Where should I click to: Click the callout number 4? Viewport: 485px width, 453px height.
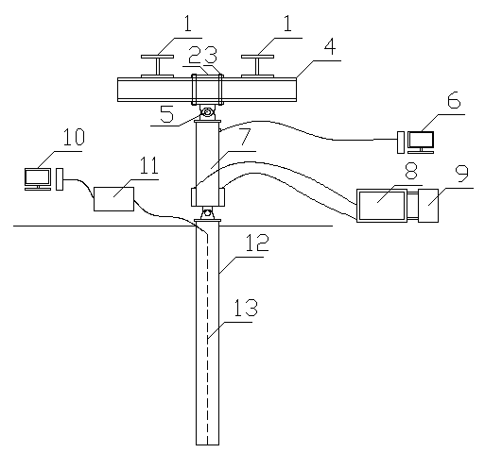click(x=330, y=47)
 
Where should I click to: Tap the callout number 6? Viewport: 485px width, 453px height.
click(x=454, y=100)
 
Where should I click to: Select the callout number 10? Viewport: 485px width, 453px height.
click(x=74, y=137)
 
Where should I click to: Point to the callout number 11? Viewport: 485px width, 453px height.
click(x=148, y=165)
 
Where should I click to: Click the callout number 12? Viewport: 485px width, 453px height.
click(x=257, y=243)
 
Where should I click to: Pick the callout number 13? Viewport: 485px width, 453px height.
click(x=246, y=308)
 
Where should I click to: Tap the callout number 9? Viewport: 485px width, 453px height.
click(x=462, y=173)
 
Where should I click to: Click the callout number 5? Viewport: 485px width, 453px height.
click(x=166, y=114)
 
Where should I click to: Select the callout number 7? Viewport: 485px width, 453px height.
click(x=245, y=137)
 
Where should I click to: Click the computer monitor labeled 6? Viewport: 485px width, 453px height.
click(x=421, y=143)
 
